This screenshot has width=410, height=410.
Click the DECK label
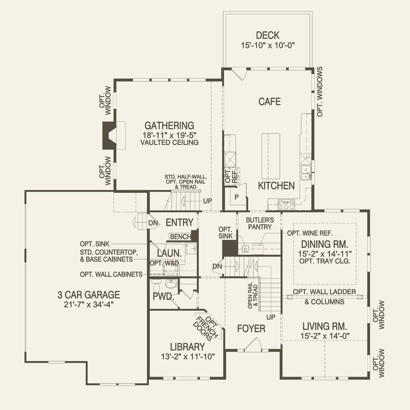coord(268,35)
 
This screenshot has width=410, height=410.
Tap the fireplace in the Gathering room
coord(109,136)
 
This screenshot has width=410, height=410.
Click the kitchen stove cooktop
coord(286,204)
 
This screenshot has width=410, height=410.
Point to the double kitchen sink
coord(306,173)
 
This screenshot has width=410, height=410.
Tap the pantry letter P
coord(236,197)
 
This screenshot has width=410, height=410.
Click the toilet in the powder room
coord(157,286)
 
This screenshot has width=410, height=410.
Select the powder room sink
coord(171,284)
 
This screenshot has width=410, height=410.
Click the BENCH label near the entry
coord(181,237)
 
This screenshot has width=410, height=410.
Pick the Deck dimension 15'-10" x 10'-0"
coord(268,46)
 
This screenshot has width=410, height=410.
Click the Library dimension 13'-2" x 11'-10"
coord(188,356)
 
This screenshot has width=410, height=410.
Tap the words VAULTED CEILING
coord(169,142)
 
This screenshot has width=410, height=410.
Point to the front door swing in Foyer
coord(253,344)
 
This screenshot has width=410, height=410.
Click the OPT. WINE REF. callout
coord(310,233)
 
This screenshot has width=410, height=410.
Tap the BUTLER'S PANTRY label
coord(260,224)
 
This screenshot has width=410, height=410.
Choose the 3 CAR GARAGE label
coord(89,295)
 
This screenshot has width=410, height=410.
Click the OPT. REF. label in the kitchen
coord(231,176)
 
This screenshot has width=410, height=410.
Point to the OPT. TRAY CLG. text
coord(325,261)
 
